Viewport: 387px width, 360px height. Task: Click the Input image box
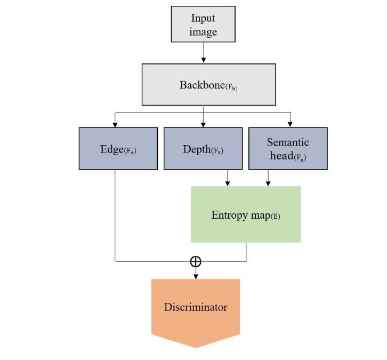tap(203, 24)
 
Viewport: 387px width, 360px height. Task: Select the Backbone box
tap(208, 84)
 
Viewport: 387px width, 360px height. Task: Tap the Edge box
tap(118, 148)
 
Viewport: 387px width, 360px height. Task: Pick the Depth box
tap(203, 148)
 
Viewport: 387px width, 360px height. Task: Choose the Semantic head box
tap(288, 148)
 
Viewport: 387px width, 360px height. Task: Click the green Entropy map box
tap(246, 214)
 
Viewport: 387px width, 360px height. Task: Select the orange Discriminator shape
tap(196, 309)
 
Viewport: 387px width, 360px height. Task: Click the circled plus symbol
tap(196, 261)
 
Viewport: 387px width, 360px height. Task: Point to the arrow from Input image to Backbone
tap(203, 52)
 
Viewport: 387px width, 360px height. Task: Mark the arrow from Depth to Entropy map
tap(228, 178)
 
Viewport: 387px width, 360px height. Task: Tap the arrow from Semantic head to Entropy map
tap(268, 178)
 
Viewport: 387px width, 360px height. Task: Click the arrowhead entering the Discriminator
tap(196, 276)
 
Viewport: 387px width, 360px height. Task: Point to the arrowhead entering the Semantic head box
tap(290, 124)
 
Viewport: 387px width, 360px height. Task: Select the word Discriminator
tap(196, 307)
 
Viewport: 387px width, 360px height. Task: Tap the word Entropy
tap(229, 215)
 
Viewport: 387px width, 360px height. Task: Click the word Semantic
tap(288, 142)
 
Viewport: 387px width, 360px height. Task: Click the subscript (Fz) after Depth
tap(217, 151)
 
